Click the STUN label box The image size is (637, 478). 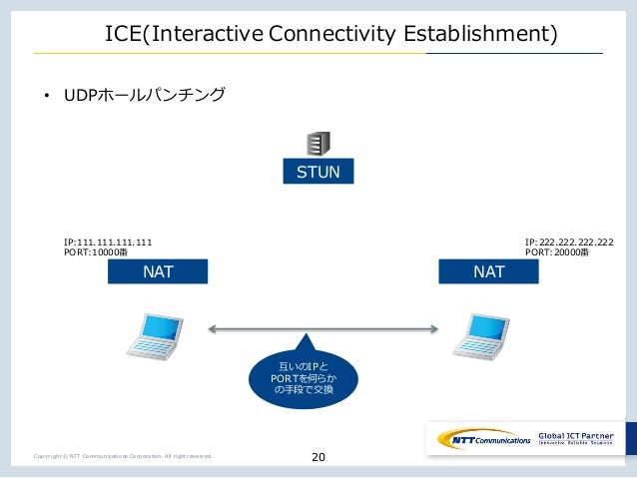click(x=318, y=172)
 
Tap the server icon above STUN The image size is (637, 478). click(x=318, y=144)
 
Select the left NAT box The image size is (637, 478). click(x=158, y=271)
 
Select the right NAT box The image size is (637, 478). click(x=488, y=271)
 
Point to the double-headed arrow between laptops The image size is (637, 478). click(x=323, y=327)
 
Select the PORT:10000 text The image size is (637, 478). click(x=95, y=253)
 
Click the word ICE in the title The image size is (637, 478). click(x=124, y=36)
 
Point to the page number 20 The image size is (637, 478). click(x=318, y=457)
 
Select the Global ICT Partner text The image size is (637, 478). click(x=578, y=435)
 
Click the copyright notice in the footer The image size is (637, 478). click(x=122, y=457)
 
